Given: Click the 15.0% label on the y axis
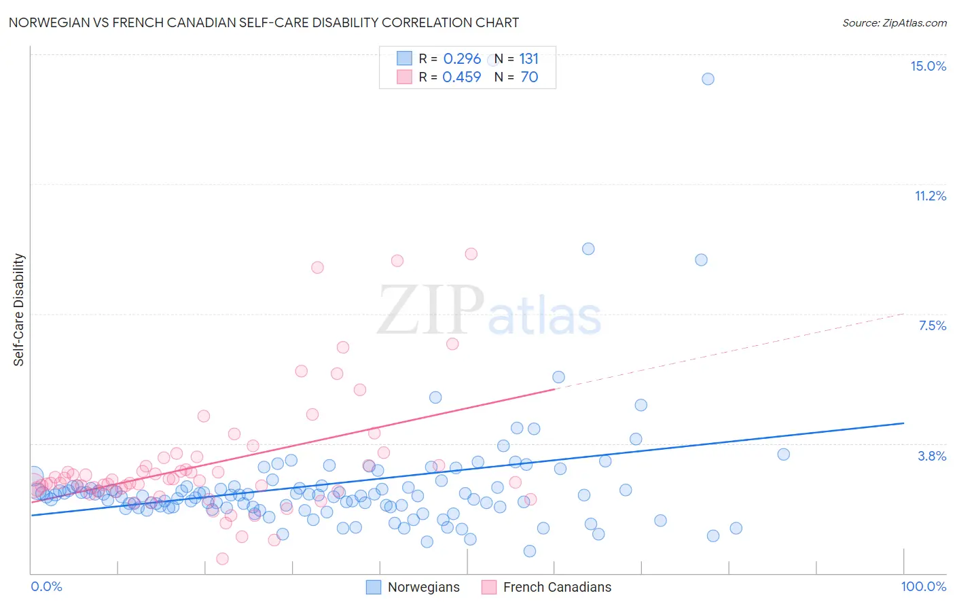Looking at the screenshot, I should click(x=928, y=66).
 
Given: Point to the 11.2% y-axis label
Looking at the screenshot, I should click(x=930, y=196).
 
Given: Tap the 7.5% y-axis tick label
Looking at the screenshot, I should click(x=932, y=325).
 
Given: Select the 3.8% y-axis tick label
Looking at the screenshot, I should click(x=932, y=456).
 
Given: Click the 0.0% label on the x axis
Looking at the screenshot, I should click(x=46, y=586).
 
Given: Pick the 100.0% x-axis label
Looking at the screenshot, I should click(x=923, y=586).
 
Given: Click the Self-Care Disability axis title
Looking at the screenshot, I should click(x=19, y=310).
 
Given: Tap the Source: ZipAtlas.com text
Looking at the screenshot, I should click(x=894, y=22).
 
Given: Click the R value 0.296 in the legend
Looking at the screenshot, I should click(x=462, y=58).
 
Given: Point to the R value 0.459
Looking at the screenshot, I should click(x=462, y=77).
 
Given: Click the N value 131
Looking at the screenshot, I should click(x=528, y=58).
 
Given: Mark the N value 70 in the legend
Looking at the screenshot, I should click(x=529, y=77).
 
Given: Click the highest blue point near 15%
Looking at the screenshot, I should click(x=708, y=79).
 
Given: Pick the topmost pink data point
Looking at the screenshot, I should click(x=471, y=254).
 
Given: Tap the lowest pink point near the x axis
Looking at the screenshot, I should click(x=222, y=558).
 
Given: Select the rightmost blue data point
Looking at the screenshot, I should click(x=783, y=454).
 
